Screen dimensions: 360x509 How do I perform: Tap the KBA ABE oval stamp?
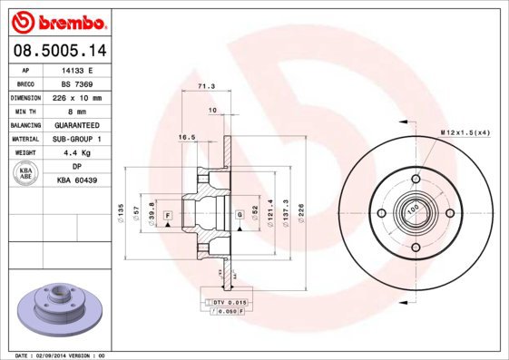pos(26,173)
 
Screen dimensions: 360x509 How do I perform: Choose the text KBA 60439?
pos(77,180)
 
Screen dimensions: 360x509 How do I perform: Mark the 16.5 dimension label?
pos(187,137)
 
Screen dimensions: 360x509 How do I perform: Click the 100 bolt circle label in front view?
pos(414,209)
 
